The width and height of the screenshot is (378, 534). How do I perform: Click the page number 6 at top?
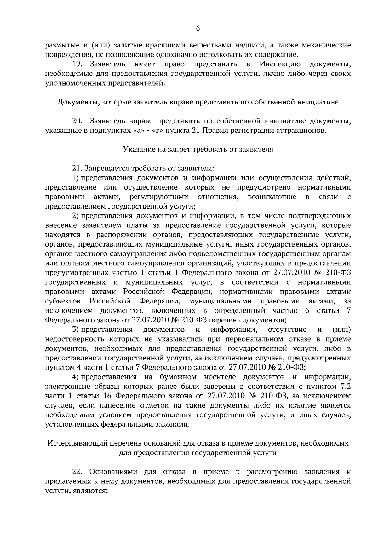point(198,28)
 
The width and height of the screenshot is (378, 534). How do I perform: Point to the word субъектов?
point(63,301)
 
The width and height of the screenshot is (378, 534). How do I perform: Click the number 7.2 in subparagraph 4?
point(345,386)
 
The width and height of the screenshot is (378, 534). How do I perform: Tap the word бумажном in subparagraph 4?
point(178,377)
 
